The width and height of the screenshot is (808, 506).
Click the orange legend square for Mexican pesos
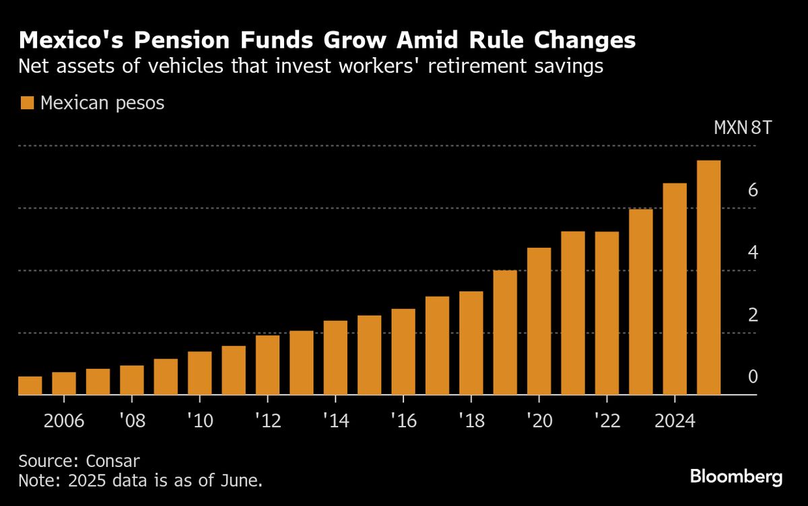tap(27, 103)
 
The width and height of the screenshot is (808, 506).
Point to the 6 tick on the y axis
tap(753, 190)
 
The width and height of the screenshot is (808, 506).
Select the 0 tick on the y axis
tap(753, 377)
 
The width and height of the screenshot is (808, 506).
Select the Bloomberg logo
tap(736, 477)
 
